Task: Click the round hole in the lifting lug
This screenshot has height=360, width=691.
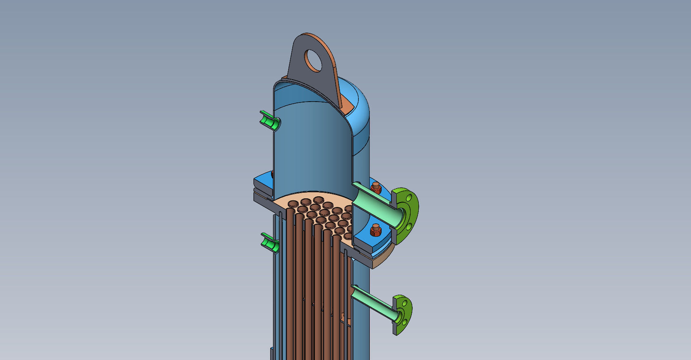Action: [314, 60]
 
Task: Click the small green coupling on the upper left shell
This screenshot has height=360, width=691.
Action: [269, 121]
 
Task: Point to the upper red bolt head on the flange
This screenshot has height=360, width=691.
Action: [376, 188]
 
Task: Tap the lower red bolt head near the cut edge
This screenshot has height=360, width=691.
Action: [375, 231]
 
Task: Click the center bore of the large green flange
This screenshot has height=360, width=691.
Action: [402, 217]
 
